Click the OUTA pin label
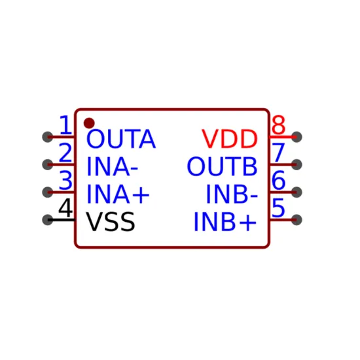[x=121, y=139]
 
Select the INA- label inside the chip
[x=113, y=166]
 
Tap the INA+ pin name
[x=118, y=194]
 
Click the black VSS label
[x=110, y=221]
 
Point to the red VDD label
[x=230, y=139]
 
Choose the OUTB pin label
[x=222, y=166]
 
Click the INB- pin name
[x=232, y=194]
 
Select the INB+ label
[x=225, y=221]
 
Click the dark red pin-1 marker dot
[x=89, y=123]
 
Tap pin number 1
[x=66, y=125]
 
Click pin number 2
[x=65, y=153]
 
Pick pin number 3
[x=65, y=180]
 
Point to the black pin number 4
[x=65, y=208]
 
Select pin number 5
[x=278, y=208]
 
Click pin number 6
[x=278, y=180]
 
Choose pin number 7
[x=278, y=153]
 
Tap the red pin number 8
[x=278, y=125]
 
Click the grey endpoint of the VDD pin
[x=297, y=137]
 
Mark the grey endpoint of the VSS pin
[x=48, y=220]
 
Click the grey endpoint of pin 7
[x=297, y=164]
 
